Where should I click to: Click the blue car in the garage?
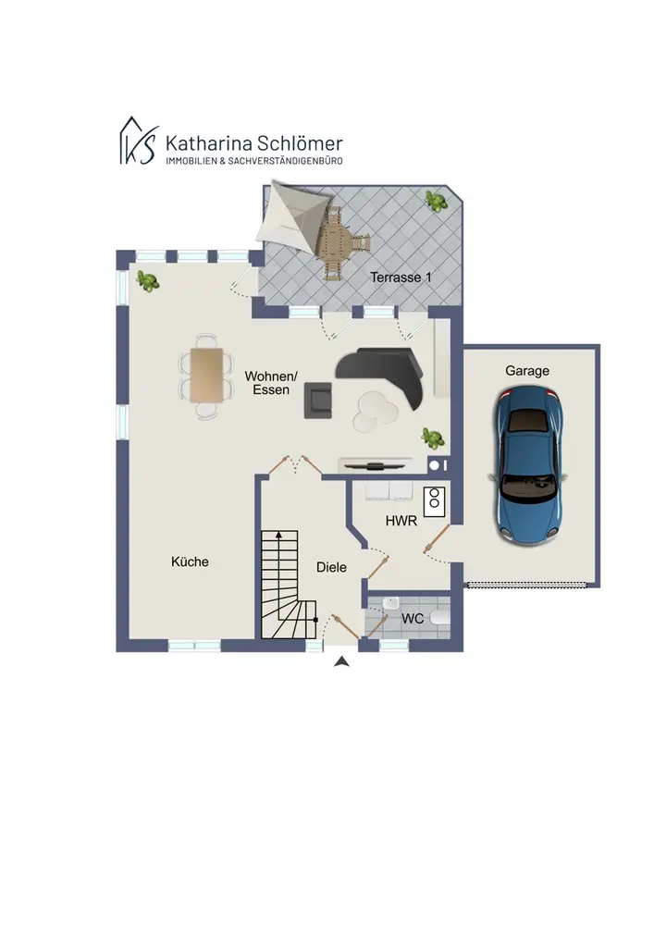click(527, 466)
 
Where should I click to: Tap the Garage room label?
click(527, 371)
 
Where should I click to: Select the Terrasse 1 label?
click(401, 277)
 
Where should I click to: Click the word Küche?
click(190, 561)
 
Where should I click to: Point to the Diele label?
click(331, 568)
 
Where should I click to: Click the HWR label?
click(401, 521)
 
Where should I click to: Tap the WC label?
click(413, 619)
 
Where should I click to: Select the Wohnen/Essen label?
click(271, 383)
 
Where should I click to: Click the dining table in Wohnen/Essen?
click(207, 376)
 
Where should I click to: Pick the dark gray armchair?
click(318, 401)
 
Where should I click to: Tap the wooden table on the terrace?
click(334, 240)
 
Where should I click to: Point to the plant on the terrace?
click(437, 201)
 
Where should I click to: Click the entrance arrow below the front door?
click(341, 662)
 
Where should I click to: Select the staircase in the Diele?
click(289, 585)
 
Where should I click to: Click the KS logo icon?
click(139, 141)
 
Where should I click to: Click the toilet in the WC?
click(440, 618)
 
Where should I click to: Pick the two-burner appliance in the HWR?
click(434, 502)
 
